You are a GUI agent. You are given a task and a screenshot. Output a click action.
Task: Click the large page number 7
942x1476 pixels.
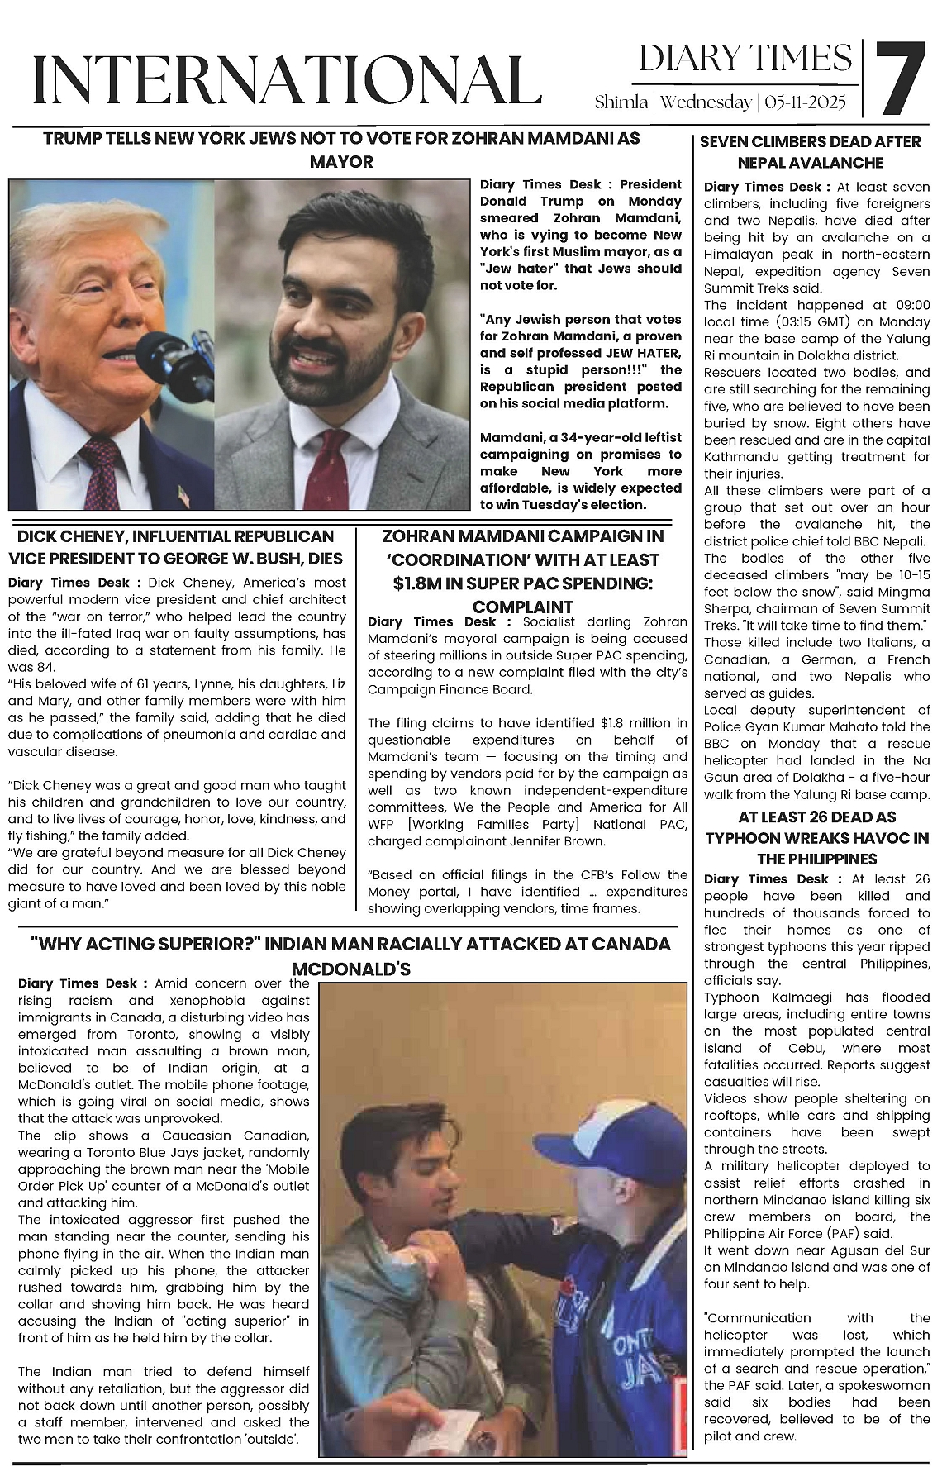tap(899, 80)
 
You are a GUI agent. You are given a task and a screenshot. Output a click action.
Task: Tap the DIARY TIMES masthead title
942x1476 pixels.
tap(745, 59)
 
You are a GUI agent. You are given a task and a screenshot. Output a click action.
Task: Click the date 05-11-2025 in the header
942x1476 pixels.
tap(806, 102)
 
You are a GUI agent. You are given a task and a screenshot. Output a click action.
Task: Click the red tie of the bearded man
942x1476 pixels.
tap(337, 472)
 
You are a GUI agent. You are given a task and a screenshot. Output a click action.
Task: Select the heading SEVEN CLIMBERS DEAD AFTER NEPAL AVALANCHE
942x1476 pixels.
tap(810, 152)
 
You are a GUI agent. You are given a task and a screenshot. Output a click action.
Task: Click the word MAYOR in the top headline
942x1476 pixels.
tap(341, 161)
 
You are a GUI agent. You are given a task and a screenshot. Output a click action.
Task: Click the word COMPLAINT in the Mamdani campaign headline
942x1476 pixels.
tap(522, 607)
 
